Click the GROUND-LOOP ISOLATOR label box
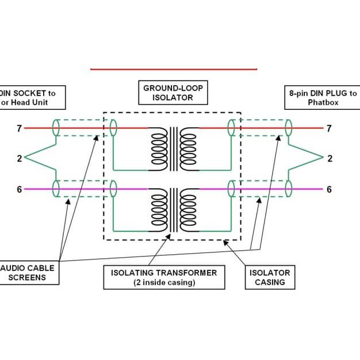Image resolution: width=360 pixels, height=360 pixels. (173, 93)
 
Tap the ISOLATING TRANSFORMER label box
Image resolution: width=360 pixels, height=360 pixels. (164, 277)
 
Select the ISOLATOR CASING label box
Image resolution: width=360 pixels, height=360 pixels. (270, 277)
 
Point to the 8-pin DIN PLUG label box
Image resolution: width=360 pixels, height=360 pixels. (321, 97)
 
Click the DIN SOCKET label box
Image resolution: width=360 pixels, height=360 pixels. (32, 97)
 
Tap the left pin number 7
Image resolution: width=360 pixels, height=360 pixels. (19, 128)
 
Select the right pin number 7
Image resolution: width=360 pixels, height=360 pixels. (329, 128)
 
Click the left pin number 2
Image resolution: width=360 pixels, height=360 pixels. (19, 159)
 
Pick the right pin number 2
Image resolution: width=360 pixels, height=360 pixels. (330, 159)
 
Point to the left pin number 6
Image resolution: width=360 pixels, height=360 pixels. (19, 189)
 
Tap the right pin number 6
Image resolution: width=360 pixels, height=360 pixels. (329, 189)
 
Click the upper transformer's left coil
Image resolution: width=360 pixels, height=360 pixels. (158, 149)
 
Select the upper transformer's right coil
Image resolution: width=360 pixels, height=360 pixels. (188, 149)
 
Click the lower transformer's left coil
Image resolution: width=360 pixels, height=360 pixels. (158, 210)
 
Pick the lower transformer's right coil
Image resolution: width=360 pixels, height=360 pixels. (188, 210)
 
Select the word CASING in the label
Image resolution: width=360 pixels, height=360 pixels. (270, 282)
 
